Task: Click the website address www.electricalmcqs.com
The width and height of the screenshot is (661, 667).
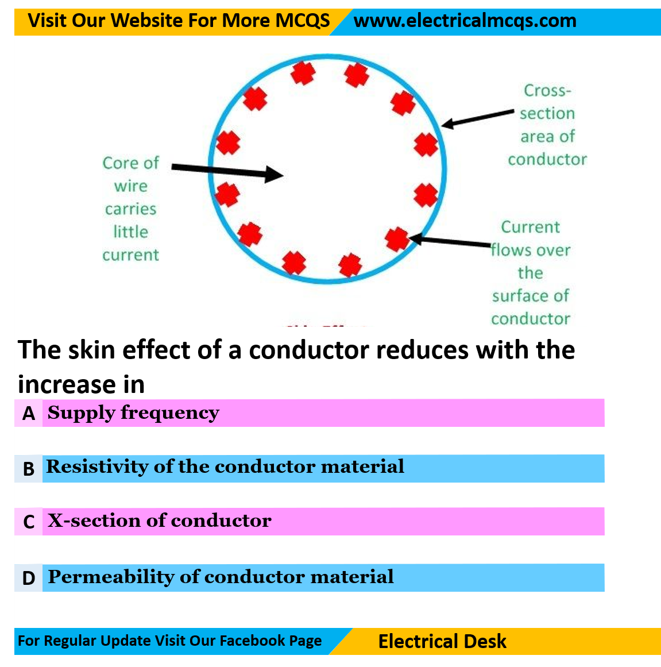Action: coord(465,21)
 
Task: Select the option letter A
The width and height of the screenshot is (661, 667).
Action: coord(29,414)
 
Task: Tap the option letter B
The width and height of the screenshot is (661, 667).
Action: coord(29,469)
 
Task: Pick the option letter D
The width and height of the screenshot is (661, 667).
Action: coord(29,578)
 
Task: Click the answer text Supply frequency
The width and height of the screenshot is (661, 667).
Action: coord(133,412)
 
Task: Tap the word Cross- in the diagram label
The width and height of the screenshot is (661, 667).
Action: coord(547,91)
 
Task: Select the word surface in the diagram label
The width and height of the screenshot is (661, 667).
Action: coord(516,296)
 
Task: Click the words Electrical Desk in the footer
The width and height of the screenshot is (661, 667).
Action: coord(442,641)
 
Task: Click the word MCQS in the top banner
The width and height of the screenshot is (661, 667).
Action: coord(303,21)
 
